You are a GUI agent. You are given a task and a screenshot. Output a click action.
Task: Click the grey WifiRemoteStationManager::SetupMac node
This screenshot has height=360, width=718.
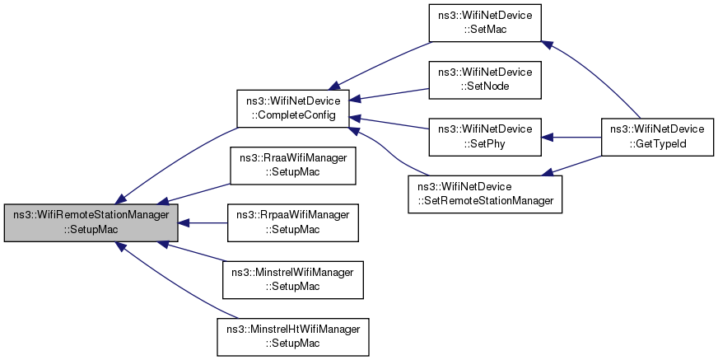click(x=91, y=222)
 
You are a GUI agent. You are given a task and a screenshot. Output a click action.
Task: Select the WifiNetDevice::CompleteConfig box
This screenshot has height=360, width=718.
click(x=293, y=109)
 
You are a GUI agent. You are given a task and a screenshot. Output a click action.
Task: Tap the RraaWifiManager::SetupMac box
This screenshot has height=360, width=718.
click(x=293, y=166)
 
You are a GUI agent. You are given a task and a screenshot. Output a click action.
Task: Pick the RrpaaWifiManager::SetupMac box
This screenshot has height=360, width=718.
click(x=293, y=222)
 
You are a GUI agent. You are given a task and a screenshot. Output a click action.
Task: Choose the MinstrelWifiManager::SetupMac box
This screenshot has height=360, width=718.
click(x=293, y=280)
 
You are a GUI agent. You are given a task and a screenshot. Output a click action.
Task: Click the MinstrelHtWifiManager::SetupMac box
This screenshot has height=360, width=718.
click(x=293, y=337)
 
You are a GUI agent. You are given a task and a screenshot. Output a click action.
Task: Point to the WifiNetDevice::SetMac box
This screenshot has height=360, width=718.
click(x=485, y=23)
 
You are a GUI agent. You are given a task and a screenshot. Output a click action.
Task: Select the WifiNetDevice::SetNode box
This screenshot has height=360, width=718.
click(x=485, y=80)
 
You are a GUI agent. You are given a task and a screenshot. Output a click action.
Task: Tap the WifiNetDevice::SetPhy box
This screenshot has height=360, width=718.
click(x=485, y=137)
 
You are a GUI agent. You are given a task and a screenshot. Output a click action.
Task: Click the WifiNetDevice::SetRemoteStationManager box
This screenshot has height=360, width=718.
click(x=485, y=194)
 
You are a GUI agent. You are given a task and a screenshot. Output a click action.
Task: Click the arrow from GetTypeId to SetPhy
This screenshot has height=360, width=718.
click(x=571, y=137)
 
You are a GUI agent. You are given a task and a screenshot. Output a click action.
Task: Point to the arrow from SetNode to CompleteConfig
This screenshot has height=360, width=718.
click(x=389, y=94)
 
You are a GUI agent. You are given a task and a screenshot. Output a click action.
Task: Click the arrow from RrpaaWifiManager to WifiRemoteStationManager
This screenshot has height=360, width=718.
click(x=203, y=223)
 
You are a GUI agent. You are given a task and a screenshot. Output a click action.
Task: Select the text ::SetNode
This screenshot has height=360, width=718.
click(x=485, y=86)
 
